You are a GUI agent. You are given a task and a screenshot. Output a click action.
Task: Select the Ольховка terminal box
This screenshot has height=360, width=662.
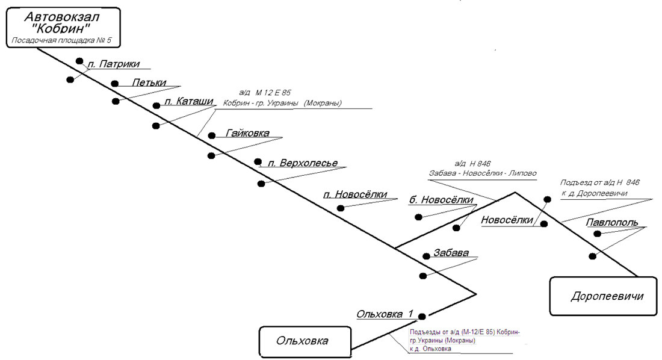pos(303,341)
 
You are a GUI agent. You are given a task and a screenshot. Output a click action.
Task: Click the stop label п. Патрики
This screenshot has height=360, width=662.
pos(114,64)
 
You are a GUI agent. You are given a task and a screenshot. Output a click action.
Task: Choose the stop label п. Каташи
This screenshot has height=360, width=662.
pos(188,102)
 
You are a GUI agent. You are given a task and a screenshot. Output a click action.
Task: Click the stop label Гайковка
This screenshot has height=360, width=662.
pos(247,133)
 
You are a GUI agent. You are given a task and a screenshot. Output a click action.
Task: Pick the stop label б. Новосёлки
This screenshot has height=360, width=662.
pos(442,200)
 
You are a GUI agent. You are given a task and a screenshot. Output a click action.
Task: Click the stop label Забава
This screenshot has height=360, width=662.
pos(451,253)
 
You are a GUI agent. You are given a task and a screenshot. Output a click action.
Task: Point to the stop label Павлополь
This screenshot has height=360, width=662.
pos(611,222)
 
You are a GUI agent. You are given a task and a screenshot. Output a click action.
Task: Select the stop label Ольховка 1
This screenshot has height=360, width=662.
pos(385,314)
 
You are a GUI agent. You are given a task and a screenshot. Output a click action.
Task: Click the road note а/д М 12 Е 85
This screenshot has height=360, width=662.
pos(265,93)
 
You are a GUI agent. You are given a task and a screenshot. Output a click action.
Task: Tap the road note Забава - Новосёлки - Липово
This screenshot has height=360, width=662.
pos(483,173)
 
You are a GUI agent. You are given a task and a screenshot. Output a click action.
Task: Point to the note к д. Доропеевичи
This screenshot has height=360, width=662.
pos(593,193)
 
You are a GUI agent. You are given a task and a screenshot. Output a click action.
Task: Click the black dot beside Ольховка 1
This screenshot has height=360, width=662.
pos(422,316)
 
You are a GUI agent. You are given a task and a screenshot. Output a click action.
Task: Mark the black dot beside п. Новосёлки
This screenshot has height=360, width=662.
pos(341,208)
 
